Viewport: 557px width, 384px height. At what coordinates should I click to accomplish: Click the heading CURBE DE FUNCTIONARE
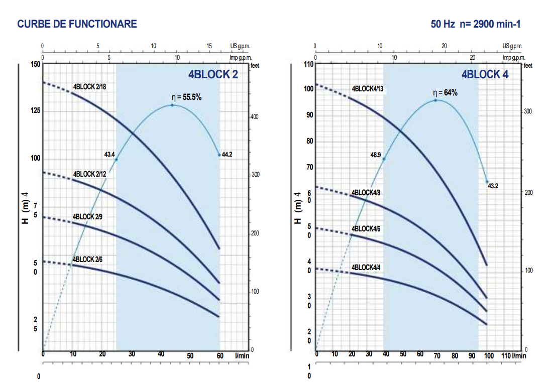point(77,24)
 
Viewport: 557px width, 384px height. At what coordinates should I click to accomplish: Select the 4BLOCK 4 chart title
point(485,75)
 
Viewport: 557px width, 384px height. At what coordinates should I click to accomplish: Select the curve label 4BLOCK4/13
point(368,89)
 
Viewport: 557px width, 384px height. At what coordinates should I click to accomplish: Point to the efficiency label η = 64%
point(445,93)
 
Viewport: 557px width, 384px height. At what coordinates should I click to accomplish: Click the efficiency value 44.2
point(227,155)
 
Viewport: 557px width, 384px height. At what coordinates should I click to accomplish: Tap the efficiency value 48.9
point(376,155)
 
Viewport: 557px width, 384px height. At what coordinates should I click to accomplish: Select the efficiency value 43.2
point(493,186)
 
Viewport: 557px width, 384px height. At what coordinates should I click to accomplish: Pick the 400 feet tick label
point(254,117)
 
